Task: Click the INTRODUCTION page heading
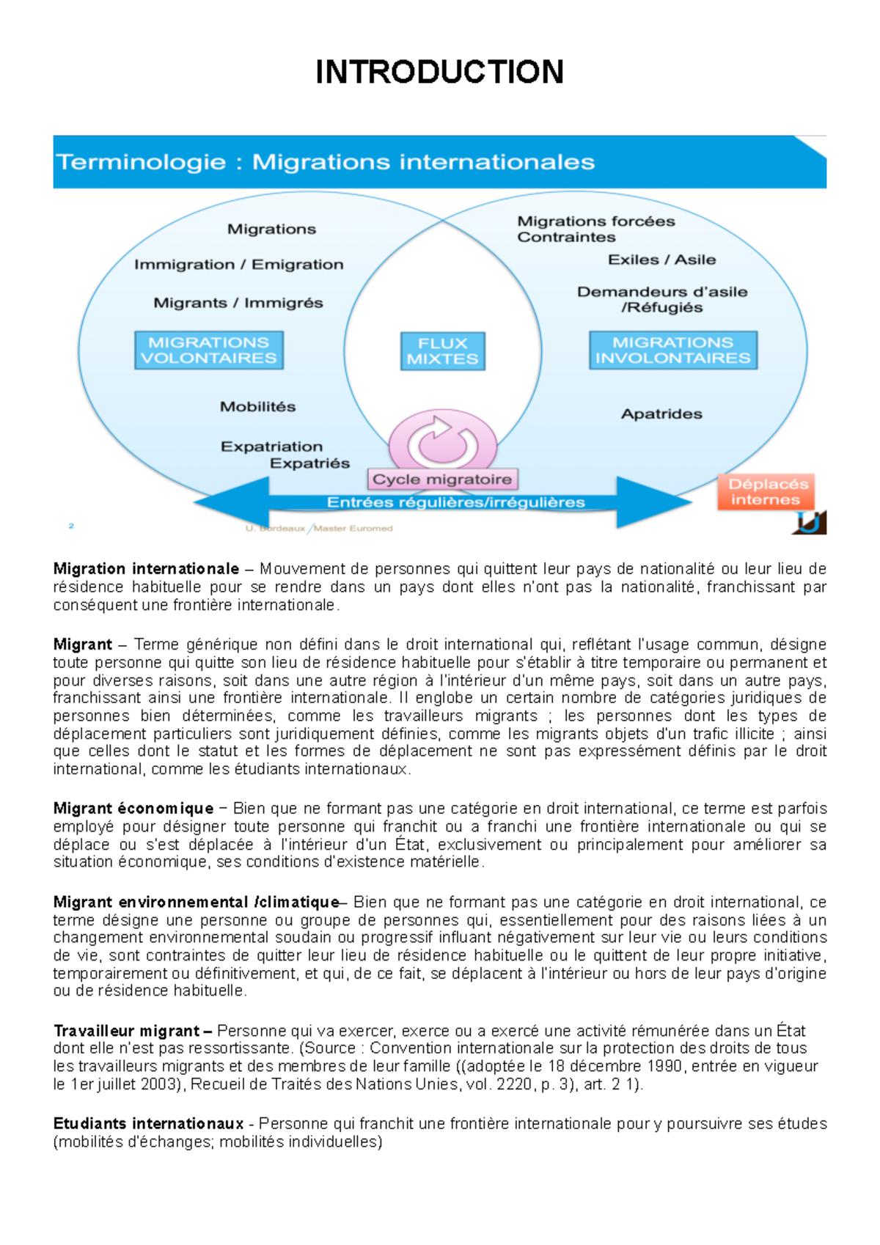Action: pyautogui.click(x=439, y=72)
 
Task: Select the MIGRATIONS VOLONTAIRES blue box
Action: pyautogui.click(x=209, y=350)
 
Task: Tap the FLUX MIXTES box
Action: pyautogui.click(x=442, y=351)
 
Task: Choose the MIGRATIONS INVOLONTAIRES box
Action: pyautogui.click(x=672, y=350)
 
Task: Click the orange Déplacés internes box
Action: pyautogui.click(x=766, y=492)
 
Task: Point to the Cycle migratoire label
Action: pyautogui.click(x=442, y=480)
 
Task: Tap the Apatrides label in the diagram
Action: pyautogui.click(x=661, y=414)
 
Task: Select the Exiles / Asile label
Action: pyautogui.click(x=661, y=260)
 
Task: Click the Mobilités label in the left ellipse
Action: pyautogui.click(x=258, y=407)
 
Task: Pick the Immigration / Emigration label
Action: pyautogui.click(x=238, y=265)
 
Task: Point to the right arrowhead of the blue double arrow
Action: pyautogui.click(x=653, y=502)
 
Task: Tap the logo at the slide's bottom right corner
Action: pyautogui.click(x=810, y=522)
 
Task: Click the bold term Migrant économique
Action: pyautogui.click(x=133, y=809)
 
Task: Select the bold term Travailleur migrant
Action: pyautogui.click(x=126, y=1031)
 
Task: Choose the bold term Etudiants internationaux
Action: pyautogui.click(x=148, y=1124)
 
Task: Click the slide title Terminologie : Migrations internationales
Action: pyautogui.click(x=326, y=162)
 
